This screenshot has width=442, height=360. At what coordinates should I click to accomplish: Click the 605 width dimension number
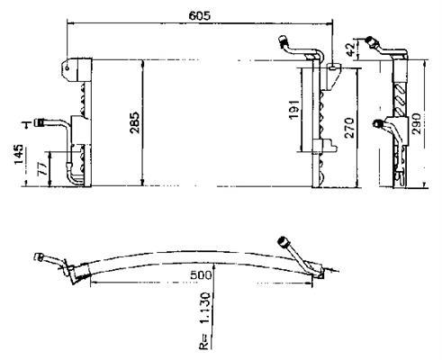tap(200, 15)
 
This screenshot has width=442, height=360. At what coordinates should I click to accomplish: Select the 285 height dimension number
tap(134, 122)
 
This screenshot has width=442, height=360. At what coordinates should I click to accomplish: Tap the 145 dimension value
tap(19, 154)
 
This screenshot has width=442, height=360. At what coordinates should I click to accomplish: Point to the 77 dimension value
tap(41, 169)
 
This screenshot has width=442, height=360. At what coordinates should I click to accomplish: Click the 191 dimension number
tap(294, 109)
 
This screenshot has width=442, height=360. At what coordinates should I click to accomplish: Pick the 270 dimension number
tap(349, 128)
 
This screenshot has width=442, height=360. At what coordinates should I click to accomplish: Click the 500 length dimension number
tap(201, 274)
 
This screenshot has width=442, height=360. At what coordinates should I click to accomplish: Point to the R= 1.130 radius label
tap(204, 320)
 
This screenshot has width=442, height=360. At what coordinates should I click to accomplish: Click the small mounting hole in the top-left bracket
tap(68, 67)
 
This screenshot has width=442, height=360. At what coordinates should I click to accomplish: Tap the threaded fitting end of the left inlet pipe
tap(40, 122)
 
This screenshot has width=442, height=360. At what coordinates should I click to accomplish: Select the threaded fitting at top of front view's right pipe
tap(284, 41)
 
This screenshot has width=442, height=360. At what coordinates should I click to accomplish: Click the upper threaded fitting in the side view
tap(372, 41)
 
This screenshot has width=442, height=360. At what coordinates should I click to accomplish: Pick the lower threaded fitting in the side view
tap(377, 123)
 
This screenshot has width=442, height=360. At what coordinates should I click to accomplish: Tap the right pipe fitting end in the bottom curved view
tap(283, 241)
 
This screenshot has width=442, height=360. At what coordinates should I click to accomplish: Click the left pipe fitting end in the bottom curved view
tap(39, 257)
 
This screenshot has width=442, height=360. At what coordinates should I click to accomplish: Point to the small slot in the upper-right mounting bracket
tap(332, 67)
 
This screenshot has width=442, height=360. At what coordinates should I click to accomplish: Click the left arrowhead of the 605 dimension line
tap(69, 22)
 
